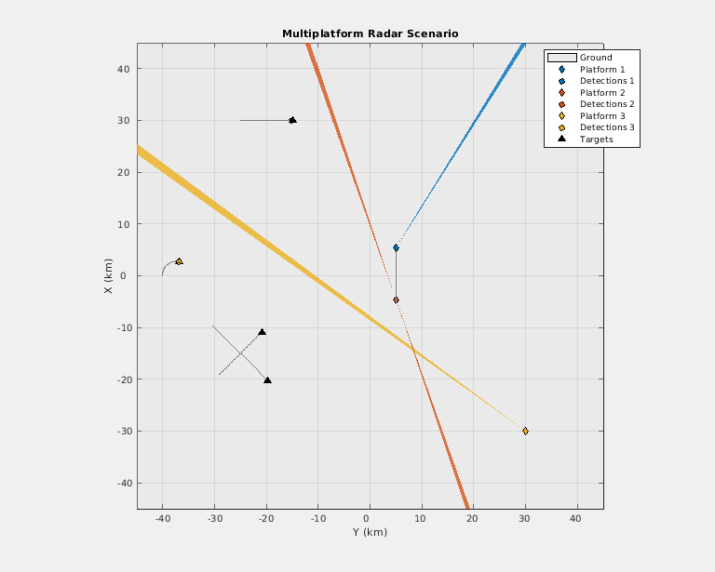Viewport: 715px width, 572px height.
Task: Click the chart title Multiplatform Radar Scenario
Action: pyautogui.click(x=370, y=33)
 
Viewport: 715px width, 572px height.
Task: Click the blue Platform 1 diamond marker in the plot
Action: pyautogui.click(x=396, y=247)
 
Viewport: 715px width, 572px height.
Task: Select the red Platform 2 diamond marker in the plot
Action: pyautogui.click(x=396, y=299)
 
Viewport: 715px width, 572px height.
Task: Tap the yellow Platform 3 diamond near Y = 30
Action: pyautogui.click(x=525, y=431)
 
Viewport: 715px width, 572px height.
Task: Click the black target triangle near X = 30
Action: pyautogui.click(x=292, y=120)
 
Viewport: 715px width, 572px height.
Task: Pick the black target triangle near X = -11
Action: pyautogui.click(x=262, y=332)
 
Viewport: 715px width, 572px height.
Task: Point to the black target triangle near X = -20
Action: pyautogui.click(x=267, y=379)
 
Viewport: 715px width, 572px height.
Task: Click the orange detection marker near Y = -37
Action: pyautogui.click(x=179, y=261)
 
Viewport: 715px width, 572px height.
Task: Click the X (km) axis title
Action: pyautogui.click(x=109, y=276)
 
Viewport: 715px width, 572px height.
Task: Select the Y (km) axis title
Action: pyautogui.click(x=370, y=533)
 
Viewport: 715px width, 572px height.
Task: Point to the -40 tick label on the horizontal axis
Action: pyautogui.click(x=162, y=518)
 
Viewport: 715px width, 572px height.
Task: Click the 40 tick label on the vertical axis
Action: pyautogui.click(x=123, y=69)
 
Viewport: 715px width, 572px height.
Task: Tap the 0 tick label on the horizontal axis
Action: pyautogui.click(x=370, y=518)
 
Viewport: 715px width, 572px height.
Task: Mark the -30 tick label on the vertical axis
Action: pyautogui.click(x=121, y=432)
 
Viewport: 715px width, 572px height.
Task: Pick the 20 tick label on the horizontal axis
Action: pyautogui.click(x=473, y=518)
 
